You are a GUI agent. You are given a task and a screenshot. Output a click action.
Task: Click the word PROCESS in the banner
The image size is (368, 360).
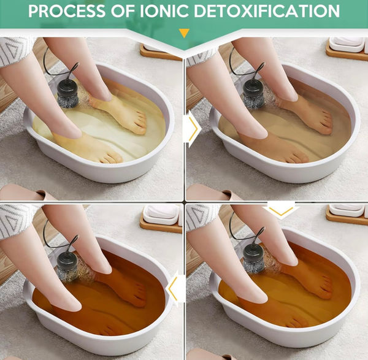click(67, 11)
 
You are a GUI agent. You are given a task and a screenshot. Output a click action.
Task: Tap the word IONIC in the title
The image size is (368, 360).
click(165, 11)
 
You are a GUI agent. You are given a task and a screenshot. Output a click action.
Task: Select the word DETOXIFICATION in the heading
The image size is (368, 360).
click(267, 11)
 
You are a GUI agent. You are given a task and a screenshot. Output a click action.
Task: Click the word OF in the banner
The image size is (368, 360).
click(123, 11)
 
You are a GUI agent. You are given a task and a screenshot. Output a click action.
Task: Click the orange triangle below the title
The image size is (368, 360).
click(184, 33)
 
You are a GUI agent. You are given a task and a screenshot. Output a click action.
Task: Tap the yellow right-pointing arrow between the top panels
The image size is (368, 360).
click(193, 128)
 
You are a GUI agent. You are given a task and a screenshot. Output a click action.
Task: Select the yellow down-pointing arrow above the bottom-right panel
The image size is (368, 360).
click(281, 210)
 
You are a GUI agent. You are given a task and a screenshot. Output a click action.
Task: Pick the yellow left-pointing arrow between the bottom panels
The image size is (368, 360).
click(173, 289)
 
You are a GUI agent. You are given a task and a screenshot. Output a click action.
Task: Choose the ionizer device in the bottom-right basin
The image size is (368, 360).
click(253, 259)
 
